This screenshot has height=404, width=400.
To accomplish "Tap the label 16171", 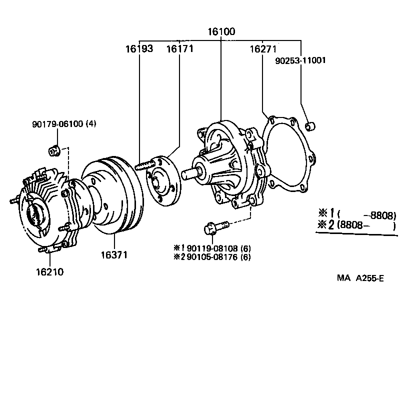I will click(179, 49).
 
